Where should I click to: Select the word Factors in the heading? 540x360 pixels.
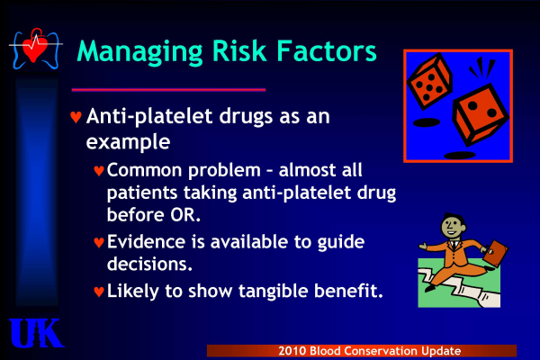pyautogui.click(x=327, y=50)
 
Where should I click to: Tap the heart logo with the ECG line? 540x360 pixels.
pyautogui.click(x=35, y=49)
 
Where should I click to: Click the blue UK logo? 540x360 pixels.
pyautogui.click(x=36, y=333)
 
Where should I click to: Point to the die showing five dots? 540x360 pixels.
pyautogui.click(x=429, y=81)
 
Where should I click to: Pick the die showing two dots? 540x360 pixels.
pyautogui.click(x=480, y=113)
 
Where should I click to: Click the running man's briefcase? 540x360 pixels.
pyautogui.click(x=496, y=253)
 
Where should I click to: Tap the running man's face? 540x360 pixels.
pyautogui.click(x=452, y=226)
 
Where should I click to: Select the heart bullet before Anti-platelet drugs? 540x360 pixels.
pyautogui.click(x=76, y=117)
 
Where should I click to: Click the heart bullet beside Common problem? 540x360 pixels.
pyautogui.click(x=99, y=170)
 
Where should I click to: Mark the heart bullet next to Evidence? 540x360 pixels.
pyautogui.click(x=99, y=242)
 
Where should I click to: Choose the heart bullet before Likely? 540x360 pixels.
pyautogui.click(x=99, y=292)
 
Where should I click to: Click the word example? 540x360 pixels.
pyautogui.click(x=128, y=141)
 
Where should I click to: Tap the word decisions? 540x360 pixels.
pyautogui.click(x=149, y=264)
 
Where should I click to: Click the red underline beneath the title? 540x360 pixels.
pyautogui.click(x=168, y=90)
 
